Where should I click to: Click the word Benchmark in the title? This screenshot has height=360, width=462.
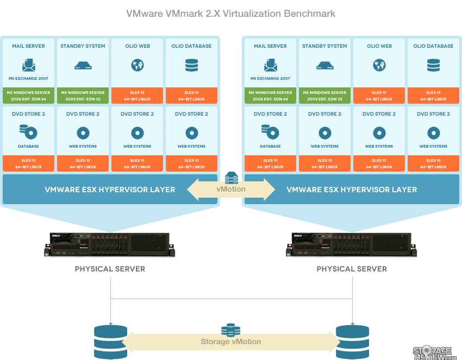tap(309, 14)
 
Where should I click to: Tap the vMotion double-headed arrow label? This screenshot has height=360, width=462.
tap(231, 190)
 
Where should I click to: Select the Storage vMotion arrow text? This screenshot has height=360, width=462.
tap(231, 342)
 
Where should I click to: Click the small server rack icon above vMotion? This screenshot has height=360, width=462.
tap(232, 178)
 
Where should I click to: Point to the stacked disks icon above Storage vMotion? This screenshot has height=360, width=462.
tap(230, 330)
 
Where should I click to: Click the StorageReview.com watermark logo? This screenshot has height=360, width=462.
tap(435, 353)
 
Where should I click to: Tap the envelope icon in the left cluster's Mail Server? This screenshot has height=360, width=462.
tap(29, 65)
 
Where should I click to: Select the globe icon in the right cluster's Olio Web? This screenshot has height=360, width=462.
tap(379, 65)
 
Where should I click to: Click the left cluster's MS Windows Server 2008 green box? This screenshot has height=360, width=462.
tap(29, 96)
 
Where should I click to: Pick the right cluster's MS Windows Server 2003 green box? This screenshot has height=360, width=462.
tap(324, 96)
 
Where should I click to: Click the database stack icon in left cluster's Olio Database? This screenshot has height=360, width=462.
tap(191, 65)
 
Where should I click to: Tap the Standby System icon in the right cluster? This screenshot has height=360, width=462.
tap(324, 66)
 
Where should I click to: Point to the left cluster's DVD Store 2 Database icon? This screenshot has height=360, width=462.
tap(29, 132)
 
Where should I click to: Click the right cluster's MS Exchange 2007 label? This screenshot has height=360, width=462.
tap(270, 78)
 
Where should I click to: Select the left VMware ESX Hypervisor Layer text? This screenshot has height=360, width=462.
tap(110, 190)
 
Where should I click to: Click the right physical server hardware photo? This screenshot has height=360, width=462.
tap(352, 244)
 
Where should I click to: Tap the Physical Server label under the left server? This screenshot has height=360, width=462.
tap(110, 269)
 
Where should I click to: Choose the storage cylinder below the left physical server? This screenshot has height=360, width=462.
tap(110, 342)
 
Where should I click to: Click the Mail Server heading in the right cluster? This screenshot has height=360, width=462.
tap(270, 46)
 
